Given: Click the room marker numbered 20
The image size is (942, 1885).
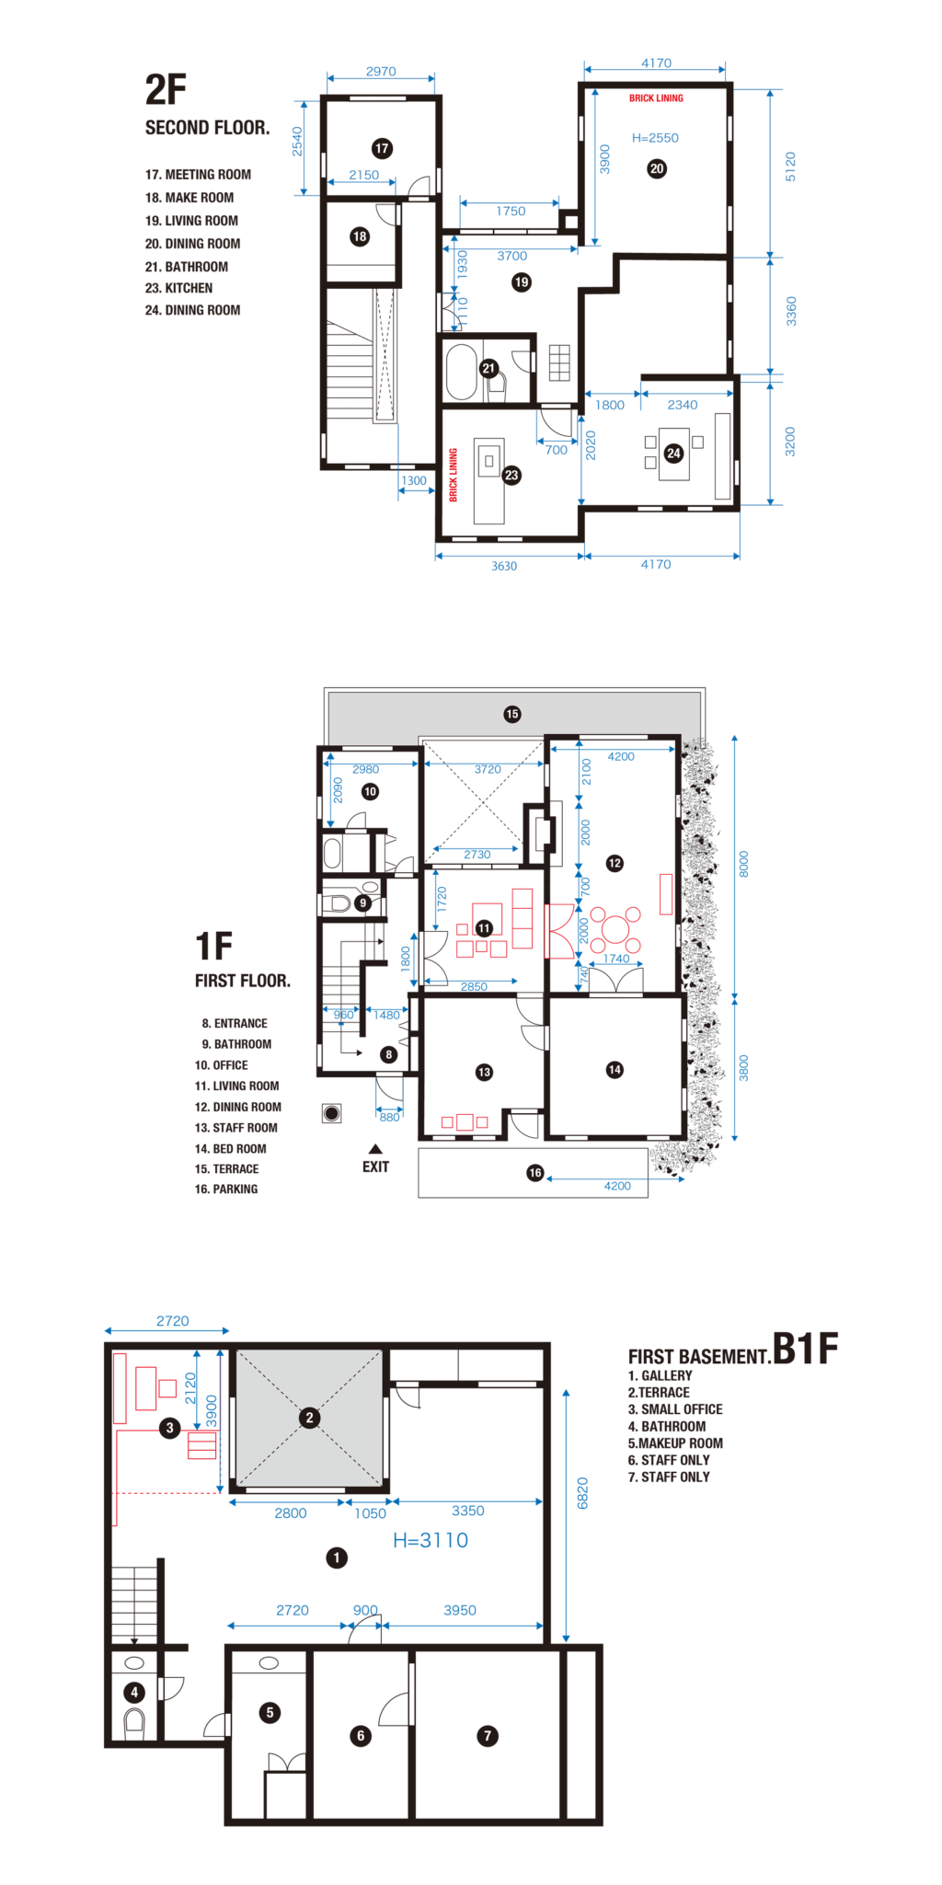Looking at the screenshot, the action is click(657, 168).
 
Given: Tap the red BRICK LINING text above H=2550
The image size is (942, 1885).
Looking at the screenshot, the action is click(656, 98).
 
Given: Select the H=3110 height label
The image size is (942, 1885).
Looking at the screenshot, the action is click(431, 1540).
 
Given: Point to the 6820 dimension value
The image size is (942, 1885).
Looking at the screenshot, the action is click(582, 1492).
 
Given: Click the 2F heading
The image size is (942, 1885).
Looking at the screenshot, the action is click(166, 90).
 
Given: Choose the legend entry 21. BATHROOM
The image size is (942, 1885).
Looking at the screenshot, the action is click(187, 267).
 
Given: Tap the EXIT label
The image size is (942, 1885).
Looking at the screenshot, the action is click(375, 1167).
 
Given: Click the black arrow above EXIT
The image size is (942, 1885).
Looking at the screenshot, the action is click(375, 1148).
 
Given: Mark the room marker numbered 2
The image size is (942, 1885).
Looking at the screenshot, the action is click(309, 1418).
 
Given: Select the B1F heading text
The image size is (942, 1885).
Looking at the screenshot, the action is click(805, 1349).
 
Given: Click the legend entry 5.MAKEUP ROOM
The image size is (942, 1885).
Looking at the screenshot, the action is click(675, 1443).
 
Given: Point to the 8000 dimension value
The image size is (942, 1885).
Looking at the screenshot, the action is click(744, 864).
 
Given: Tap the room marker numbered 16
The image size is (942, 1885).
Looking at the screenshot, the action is click(535, 1173).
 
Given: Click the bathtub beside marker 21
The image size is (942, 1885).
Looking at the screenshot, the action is click(461, 371).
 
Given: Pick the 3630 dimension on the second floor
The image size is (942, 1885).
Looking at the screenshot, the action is click(504, 566).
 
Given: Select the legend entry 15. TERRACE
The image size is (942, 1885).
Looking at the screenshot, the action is click(226, 1169).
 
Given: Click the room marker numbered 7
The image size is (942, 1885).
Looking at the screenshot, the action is click(488, 1736).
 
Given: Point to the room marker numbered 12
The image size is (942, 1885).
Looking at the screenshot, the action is click(615, 863).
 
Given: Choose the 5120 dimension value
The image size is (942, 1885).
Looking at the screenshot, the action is click(790, 167).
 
